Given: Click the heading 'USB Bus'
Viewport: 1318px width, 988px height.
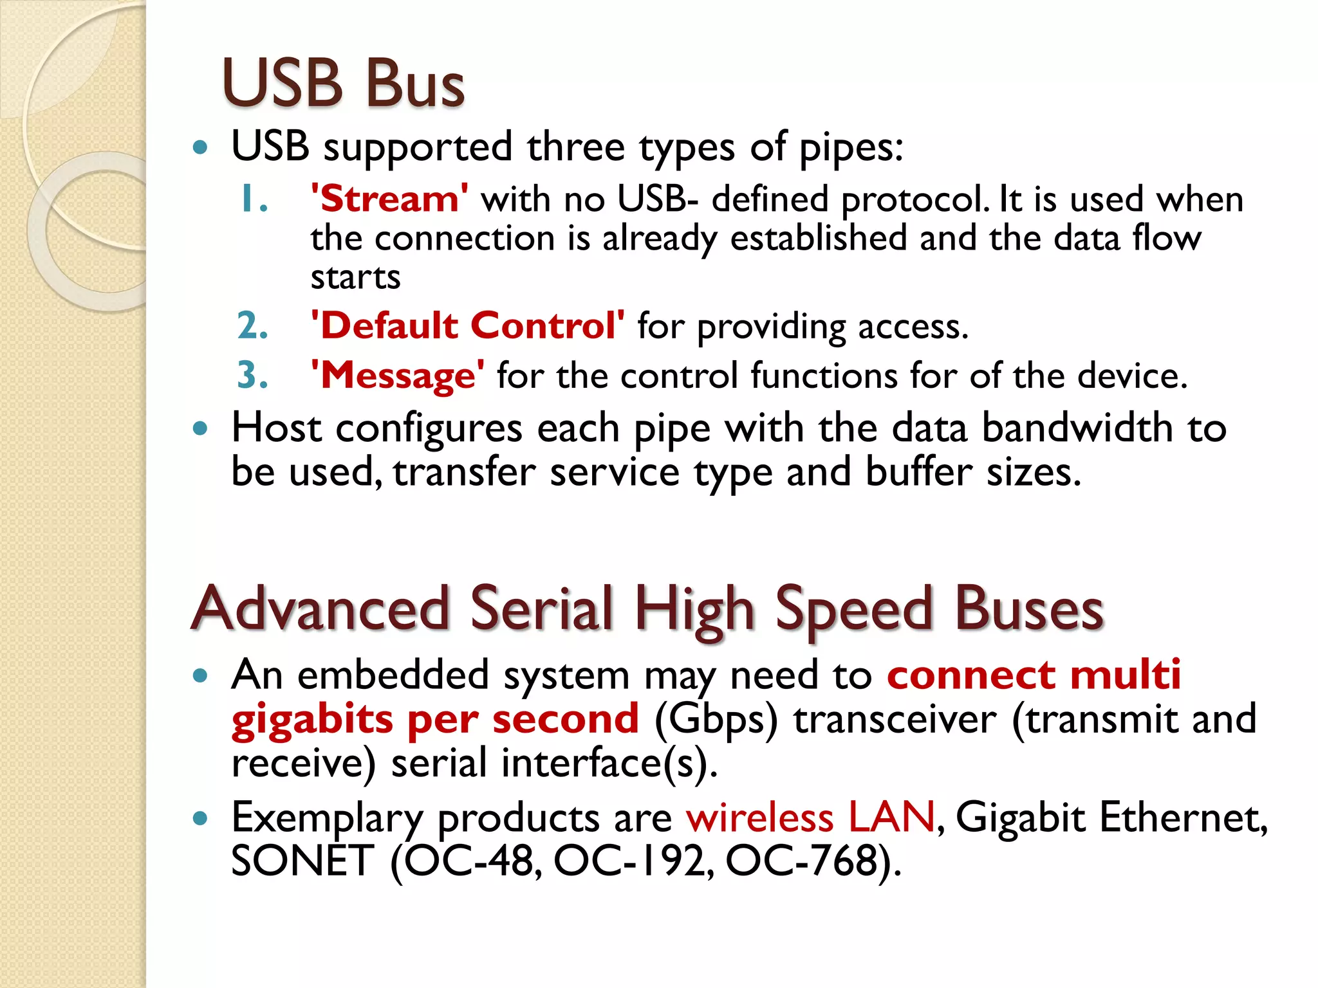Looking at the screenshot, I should [x=343, y=84].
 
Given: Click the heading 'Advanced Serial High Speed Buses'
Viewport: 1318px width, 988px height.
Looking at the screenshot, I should [x=647, y=608].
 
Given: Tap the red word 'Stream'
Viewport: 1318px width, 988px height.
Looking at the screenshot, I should [x=389, y=198].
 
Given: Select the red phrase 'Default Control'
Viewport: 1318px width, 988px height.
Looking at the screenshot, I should [x=467, y=325].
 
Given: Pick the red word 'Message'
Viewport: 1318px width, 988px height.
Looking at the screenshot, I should [x=398, y=375].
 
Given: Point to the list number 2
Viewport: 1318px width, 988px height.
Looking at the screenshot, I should [x=252, y=325].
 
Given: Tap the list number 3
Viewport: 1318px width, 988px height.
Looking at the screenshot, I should [x=252, y=376].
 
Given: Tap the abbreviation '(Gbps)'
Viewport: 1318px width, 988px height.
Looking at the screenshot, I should [x=716, y=719].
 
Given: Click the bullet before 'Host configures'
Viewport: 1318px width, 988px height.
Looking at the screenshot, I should [x=201, y=428].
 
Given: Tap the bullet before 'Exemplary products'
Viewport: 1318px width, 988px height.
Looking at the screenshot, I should [x=201, y=818].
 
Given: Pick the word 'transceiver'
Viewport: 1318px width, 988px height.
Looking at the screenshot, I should [x=895, y=719].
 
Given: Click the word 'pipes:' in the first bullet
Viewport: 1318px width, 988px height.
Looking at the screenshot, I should [x=851, y=147].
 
